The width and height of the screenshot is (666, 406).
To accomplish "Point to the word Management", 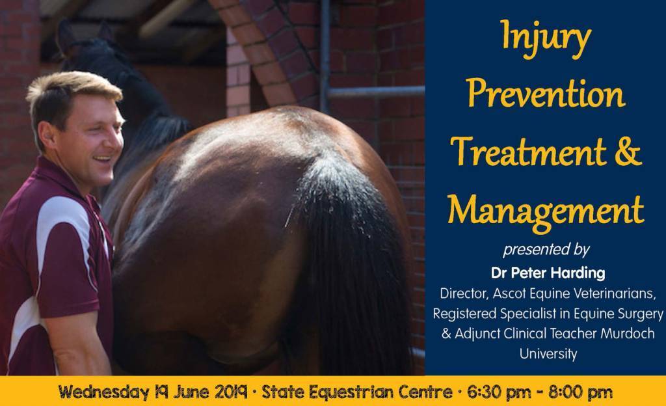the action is click(x=546, y=211).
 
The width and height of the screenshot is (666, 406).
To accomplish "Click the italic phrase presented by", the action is click(x=546, y=250).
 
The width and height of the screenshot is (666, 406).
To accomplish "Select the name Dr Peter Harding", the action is click(x=548, y=273).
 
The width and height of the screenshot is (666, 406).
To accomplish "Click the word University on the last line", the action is click(x=548, y=353).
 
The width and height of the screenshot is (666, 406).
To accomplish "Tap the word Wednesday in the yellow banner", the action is click(x=103, y=392).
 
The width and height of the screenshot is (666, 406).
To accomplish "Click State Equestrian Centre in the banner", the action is click(x=357, y=392).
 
